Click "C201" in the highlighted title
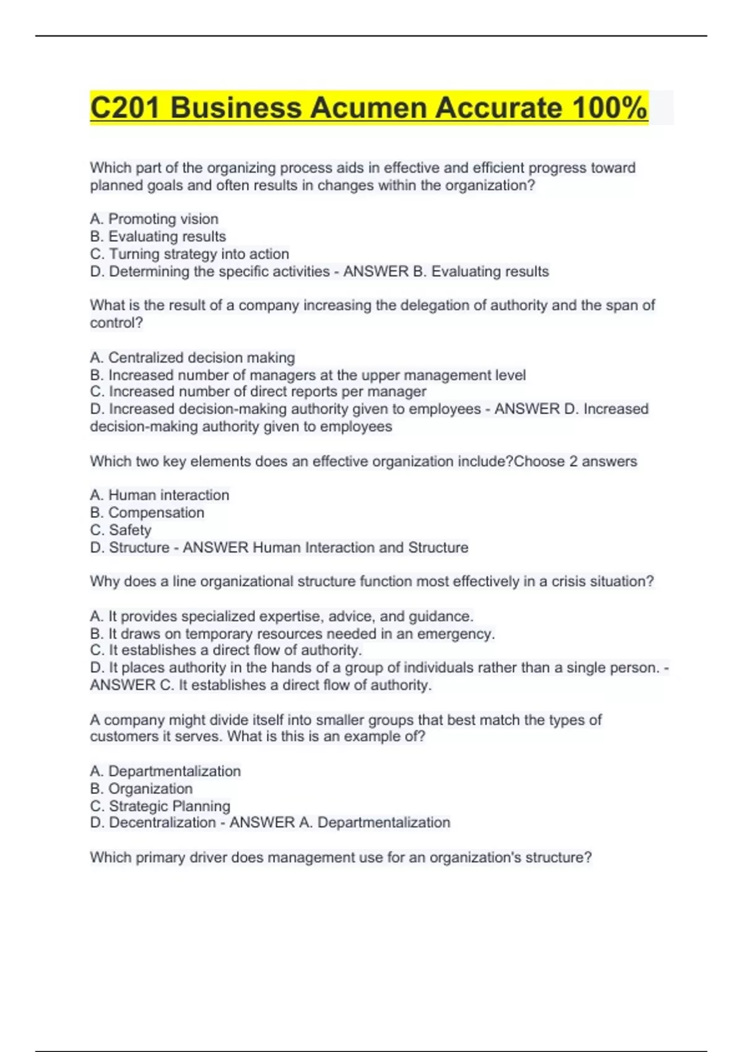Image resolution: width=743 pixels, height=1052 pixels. (126, 108)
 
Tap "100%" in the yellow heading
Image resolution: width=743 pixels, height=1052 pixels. (609, 108)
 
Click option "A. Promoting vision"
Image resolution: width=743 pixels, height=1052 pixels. (154, 219)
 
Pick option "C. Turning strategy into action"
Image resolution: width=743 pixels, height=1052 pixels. (189, 254)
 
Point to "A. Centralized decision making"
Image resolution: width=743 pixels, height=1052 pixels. (193, 358)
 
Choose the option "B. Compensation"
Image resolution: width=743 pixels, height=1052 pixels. (147, 513)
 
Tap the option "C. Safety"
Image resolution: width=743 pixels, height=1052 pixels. (121, 530)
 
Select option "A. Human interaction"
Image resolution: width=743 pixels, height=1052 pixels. (160, 495)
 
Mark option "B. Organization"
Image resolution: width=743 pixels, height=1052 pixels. (141, 789)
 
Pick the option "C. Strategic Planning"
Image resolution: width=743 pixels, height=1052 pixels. (160, 806)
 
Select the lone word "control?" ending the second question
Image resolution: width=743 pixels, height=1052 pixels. (116, 323)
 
